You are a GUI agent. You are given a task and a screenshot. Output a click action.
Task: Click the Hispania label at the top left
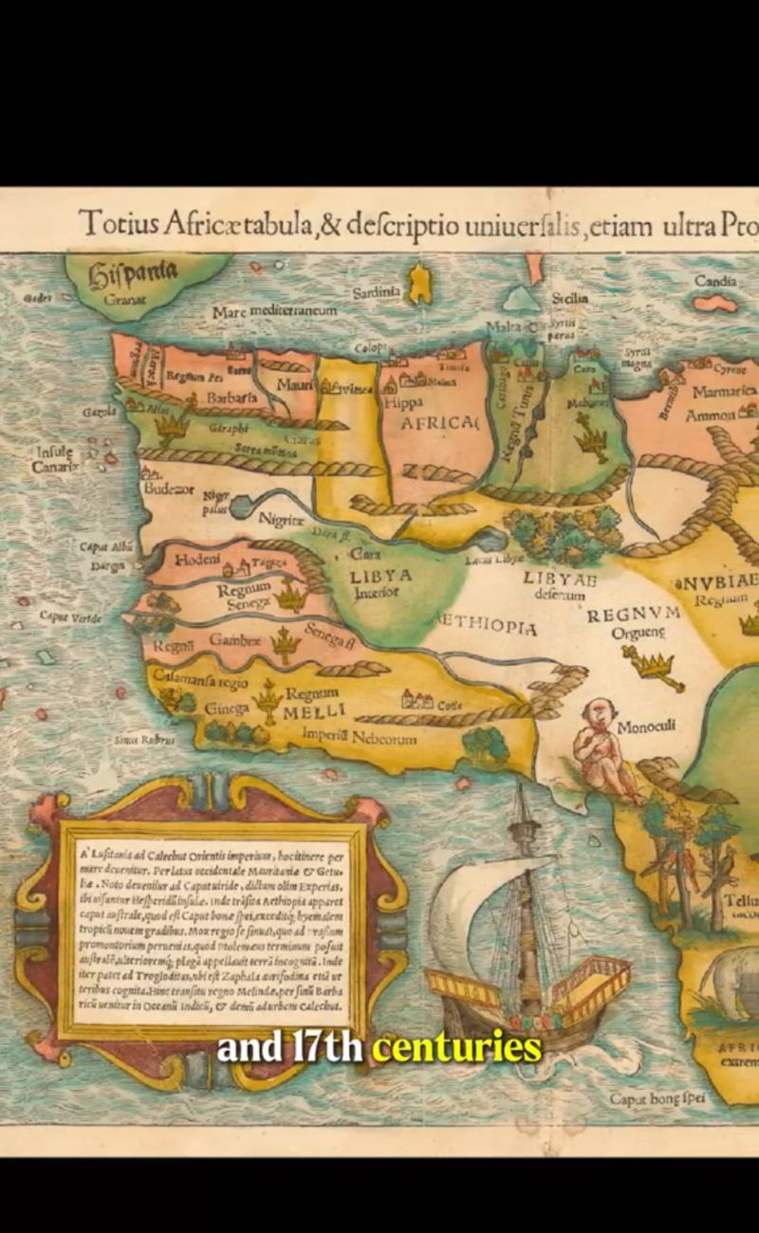tap(133, 275)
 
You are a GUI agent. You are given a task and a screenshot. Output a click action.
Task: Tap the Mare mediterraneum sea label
tap(274, 311)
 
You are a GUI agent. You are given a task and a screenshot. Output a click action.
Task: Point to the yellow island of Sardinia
tap(418, 283)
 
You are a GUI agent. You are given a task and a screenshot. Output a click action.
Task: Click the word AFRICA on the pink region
tap(439, 424)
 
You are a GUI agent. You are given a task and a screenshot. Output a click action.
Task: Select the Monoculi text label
tap(646, 727)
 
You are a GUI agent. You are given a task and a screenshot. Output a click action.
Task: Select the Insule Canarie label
tap(55, 459)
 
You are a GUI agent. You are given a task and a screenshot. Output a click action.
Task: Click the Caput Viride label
tap(71, 616)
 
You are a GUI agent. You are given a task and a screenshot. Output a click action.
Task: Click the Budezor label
tap(169, 489)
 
